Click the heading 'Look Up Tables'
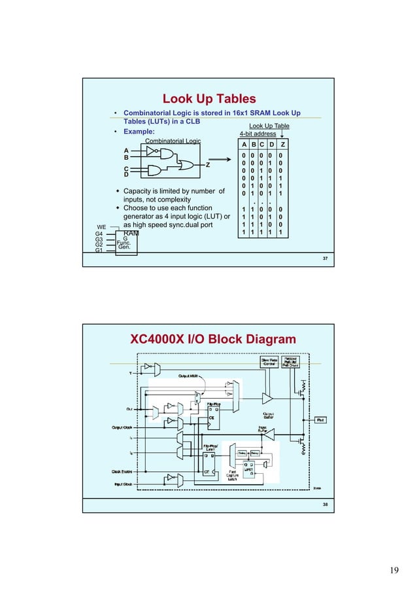click(x=208, y=99)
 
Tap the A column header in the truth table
click(x=243, y=145)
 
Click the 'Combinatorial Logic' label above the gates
click(x=173, y=141)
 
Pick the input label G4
click(x=99, y=234)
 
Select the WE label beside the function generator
click(x=101, y=227)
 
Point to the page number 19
click(x=393, y=570)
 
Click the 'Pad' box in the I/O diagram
click(x=321, y=420)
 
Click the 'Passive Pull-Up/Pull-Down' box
click(x=292, y=362)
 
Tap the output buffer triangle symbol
click(x=267, y=397)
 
